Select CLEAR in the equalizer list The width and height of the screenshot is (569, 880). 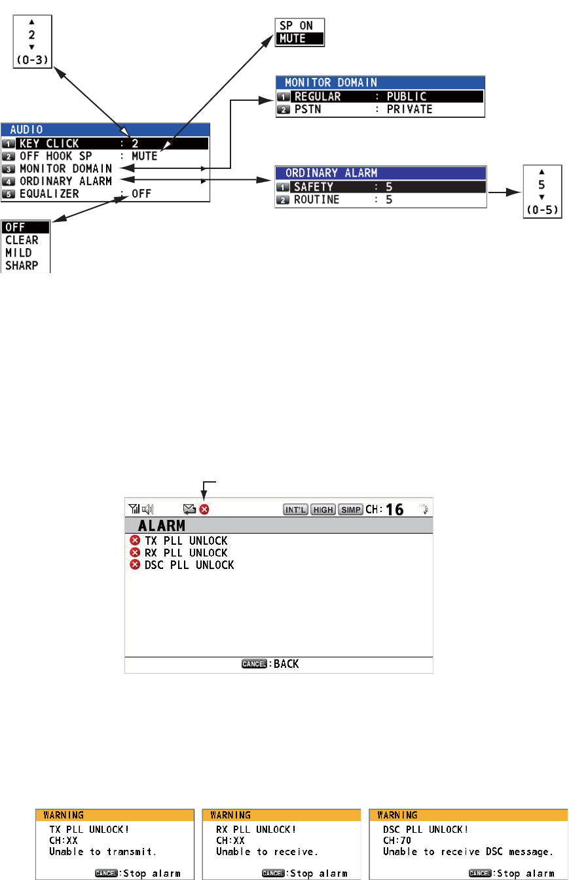(x=22, y=240)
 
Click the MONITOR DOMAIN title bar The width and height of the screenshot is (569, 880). (x=380, y=83)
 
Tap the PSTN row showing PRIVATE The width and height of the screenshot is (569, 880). (x=380, y=109)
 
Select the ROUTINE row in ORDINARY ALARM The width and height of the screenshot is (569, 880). (x=380, y=200)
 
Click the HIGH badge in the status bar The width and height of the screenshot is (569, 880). (x=323, y=509)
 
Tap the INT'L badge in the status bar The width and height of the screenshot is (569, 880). (x=295, y=509)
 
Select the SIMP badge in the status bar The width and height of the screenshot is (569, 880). (x=350, y=509)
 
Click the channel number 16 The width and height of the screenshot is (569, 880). (x=395, y=509)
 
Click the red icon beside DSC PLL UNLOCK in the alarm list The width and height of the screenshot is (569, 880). (x=135, y=564)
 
